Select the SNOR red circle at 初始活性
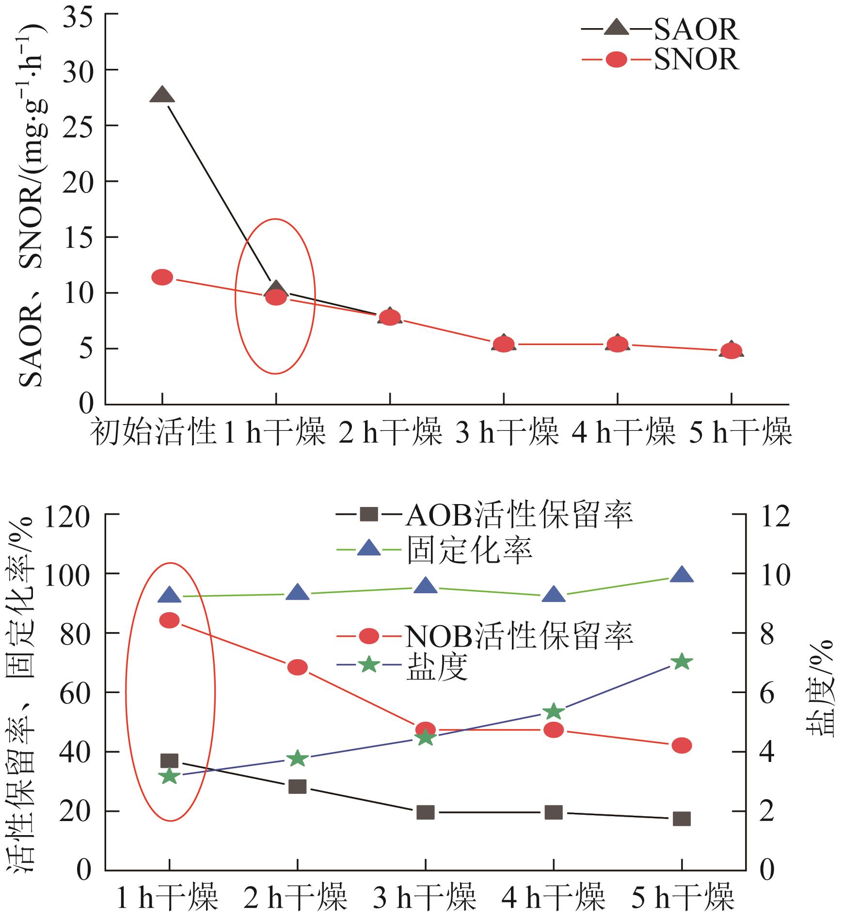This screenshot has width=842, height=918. [x=162, y=277]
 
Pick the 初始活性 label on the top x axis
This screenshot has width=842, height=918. [x=153, y=432]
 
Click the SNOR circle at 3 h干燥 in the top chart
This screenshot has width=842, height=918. [x=503, y=344]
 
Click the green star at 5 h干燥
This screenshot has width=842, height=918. [x=682, y=662]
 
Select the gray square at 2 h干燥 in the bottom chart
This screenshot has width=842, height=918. [x=297, y=786]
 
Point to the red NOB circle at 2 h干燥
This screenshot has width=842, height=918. [x=297, y=667]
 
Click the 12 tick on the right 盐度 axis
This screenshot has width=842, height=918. [x=774, y=515]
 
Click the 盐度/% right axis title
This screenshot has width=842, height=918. [x=820, y=688]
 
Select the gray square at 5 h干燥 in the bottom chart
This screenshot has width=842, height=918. [x=682, y=819]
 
